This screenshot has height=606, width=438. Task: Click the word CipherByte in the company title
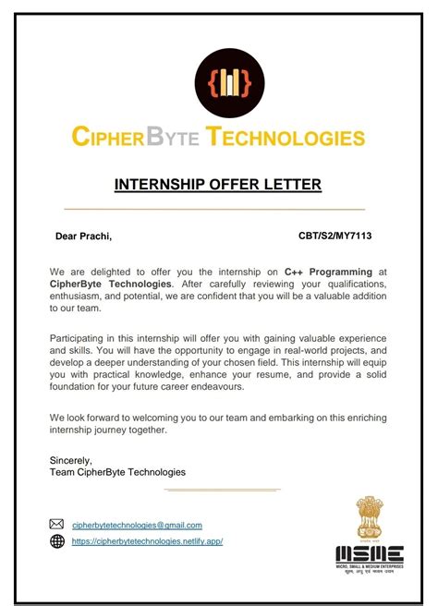[129, 139]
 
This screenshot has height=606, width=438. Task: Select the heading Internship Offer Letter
[218, 185]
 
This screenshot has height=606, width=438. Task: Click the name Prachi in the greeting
[95, 236]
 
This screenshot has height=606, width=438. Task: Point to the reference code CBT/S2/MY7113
[335, 236]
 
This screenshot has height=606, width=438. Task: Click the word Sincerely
[71, 458]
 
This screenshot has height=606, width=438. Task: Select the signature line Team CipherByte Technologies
[117, 472]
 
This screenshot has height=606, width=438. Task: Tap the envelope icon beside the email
[57, 525]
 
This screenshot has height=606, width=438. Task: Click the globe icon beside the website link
[57, 541]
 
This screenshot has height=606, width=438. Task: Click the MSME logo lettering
[369, 553]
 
